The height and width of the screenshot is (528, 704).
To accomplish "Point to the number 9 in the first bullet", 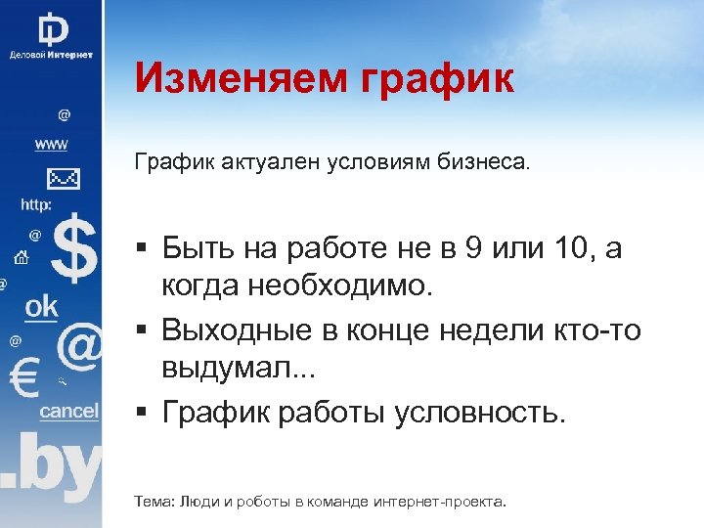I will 472,249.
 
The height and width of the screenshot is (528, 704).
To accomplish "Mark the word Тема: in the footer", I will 153,502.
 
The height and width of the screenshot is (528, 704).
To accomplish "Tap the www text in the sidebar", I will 51,145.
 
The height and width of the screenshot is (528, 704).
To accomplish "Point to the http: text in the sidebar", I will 36,205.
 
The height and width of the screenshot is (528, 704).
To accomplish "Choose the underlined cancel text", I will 68,412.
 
